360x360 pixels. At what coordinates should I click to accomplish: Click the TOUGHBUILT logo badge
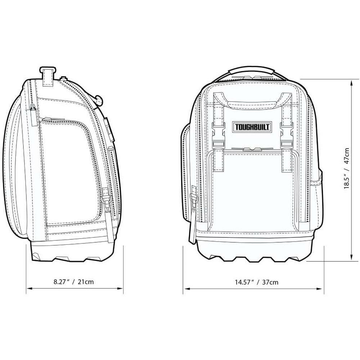(252, 127)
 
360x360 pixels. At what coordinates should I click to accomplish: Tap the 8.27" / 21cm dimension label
(74, 282)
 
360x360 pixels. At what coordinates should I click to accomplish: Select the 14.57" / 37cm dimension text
(256, 282)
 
